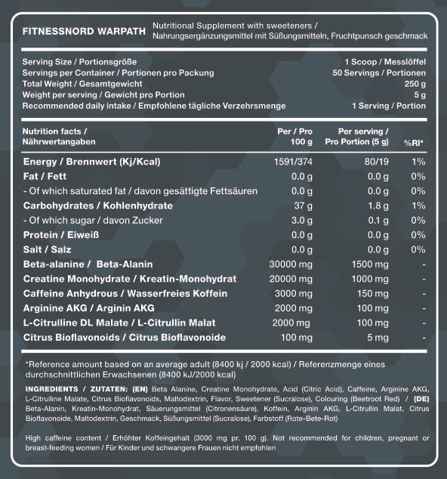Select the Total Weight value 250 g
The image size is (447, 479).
coord(415,84)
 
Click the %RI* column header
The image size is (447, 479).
coord(413,142)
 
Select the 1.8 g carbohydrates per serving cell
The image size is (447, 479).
coord(378,206)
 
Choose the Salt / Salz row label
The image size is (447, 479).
coord(47,249)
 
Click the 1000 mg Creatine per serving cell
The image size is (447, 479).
coord(371,278)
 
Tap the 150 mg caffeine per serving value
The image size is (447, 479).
coord(374,292)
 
